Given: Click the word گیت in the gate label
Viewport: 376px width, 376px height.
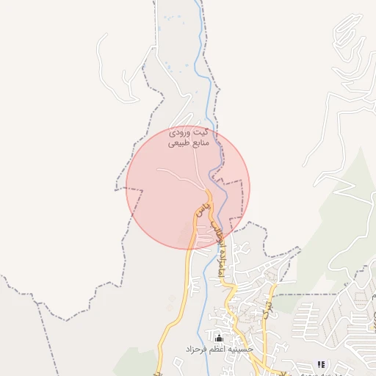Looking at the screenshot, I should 199,132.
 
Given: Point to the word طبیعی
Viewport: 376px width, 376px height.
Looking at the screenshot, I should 179,144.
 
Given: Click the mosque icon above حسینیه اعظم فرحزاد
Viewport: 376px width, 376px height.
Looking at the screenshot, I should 218,337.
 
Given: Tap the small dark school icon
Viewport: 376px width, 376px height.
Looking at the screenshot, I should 321,364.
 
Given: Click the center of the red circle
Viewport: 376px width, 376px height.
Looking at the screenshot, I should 188,187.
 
